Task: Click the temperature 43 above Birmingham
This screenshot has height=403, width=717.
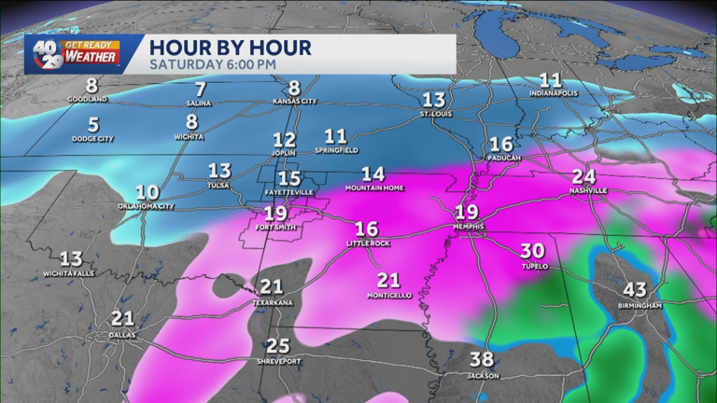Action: pos(639,290)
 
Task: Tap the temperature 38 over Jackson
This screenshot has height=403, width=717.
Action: pos(483,360)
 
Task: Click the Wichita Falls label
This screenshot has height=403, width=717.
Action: pos(71,273)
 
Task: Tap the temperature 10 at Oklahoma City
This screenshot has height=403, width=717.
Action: pos(147,191)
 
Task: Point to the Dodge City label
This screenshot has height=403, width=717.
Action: pos(93,139)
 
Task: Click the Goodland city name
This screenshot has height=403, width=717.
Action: pos(91,99)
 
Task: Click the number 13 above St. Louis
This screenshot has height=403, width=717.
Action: pos(433,101)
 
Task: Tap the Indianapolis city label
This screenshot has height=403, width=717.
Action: pos(551,93)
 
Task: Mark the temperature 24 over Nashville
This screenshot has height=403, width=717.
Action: pos(583,176)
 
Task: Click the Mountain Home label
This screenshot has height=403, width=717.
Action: pos(373,188)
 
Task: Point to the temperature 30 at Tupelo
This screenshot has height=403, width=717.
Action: pos(532,251)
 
